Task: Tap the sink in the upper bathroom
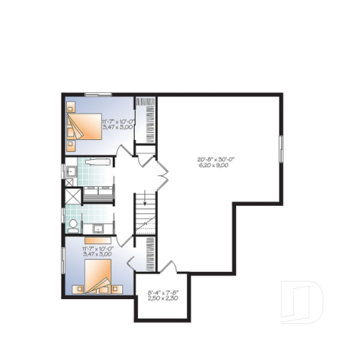(x=70, y=172)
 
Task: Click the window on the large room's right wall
(x=281, y=153)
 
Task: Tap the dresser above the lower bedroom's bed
(x=98, y=239)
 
